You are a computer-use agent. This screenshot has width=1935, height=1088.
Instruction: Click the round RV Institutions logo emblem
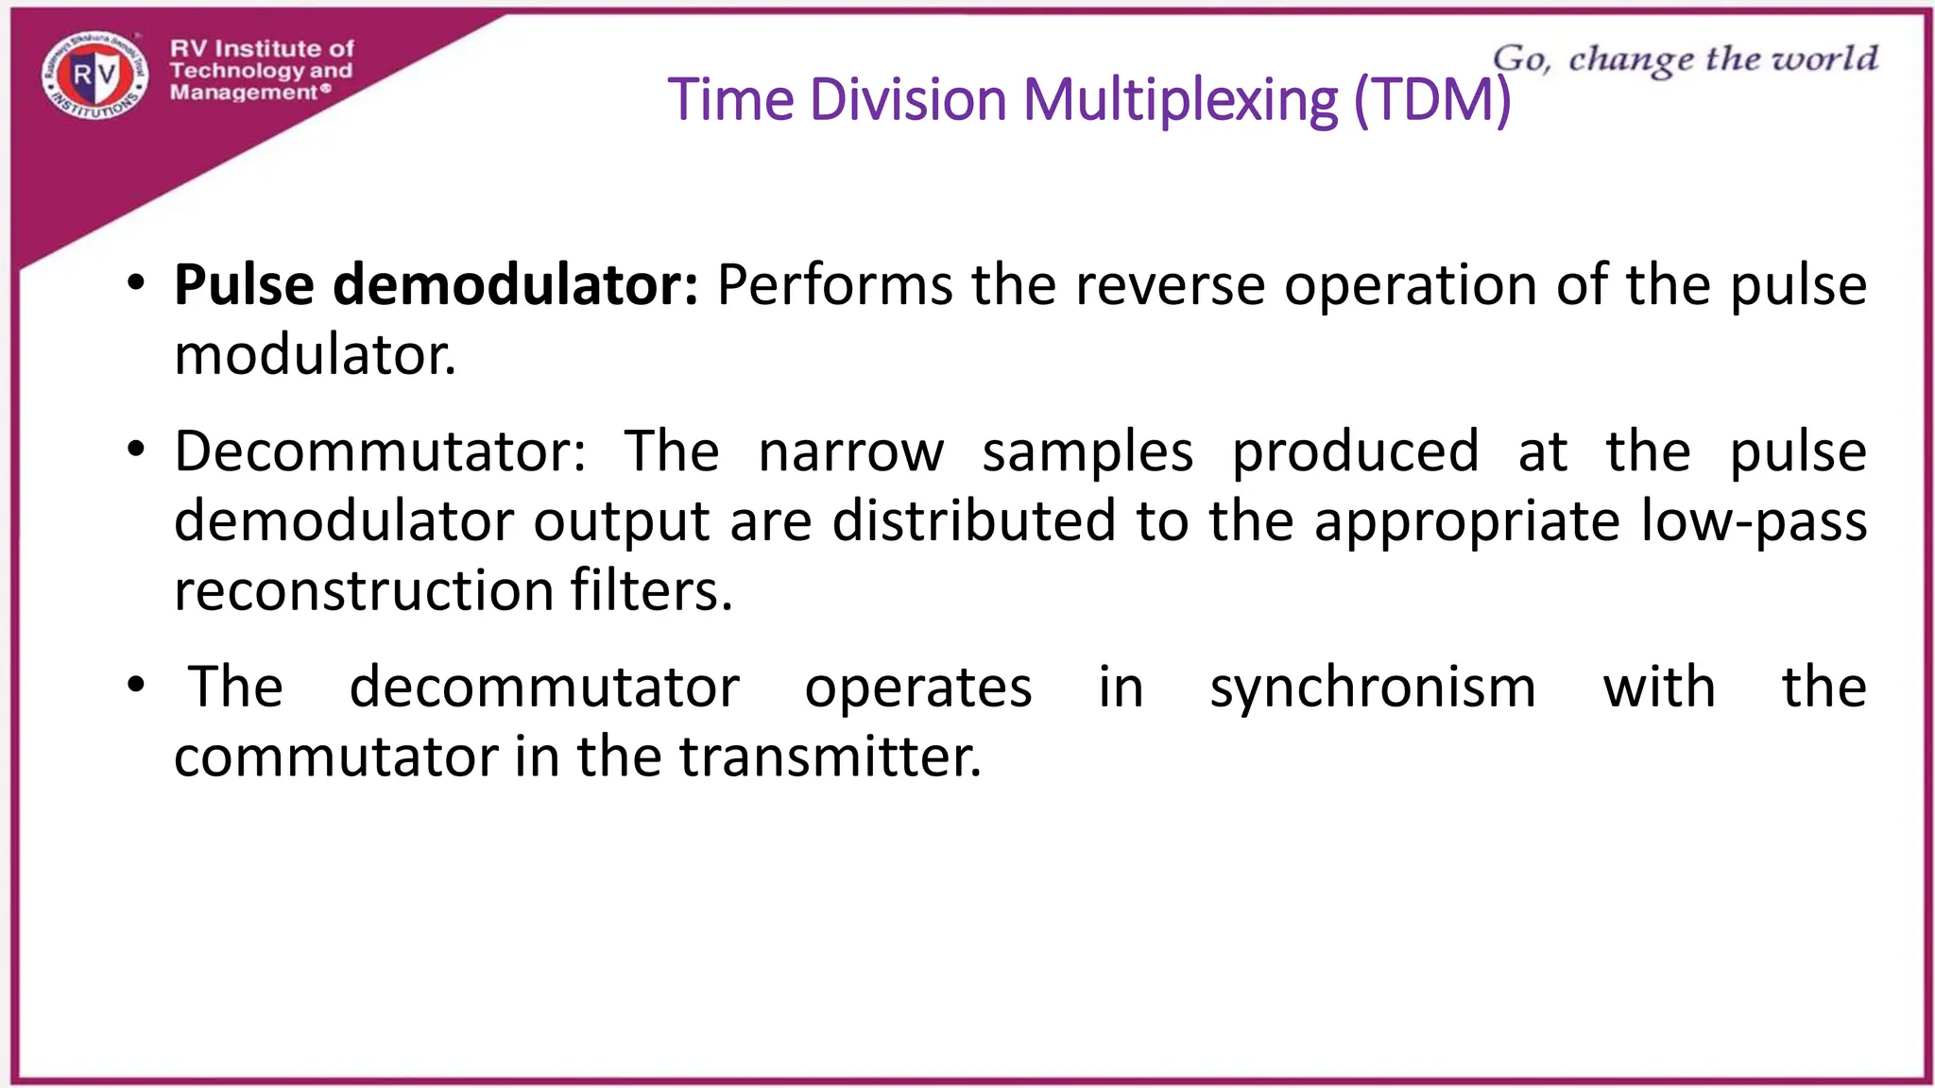click(95, 75)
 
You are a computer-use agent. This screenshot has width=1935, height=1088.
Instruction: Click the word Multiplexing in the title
click(1181, 99)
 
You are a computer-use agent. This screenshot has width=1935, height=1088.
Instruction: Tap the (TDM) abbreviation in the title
click(1432, 99)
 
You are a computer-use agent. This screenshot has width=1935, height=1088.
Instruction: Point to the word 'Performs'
click(834, 284)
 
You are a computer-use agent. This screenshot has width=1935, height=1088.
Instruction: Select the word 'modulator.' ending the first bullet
click(316, 356)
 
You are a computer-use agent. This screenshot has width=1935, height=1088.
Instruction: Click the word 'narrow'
click(850, 451)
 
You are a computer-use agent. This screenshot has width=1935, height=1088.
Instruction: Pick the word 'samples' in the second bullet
click(1087, 451)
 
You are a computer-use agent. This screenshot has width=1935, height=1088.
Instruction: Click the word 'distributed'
click(973, 521)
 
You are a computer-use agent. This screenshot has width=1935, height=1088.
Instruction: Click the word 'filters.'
click(651, 591)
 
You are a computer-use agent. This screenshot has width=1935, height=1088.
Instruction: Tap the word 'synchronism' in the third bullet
click(1373, 687)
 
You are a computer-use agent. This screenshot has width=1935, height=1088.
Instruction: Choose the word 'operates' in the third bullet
click(917, 687)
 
